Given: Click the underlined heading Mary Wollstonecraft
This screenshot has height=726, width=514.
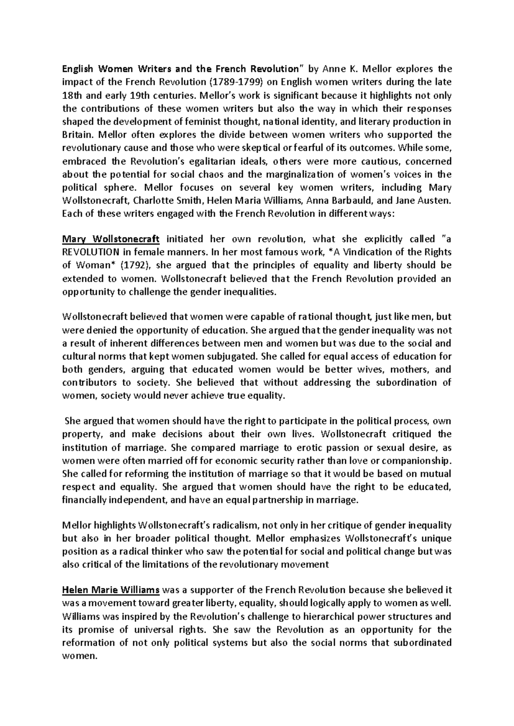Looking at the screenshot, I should tap(111, 239).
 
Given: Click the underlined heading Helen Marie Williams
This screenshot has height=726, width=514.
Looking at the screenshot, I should tap(111, 590).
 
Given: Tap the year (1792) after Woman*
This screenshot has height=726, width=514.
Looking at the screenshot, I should tap(136, 265).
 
